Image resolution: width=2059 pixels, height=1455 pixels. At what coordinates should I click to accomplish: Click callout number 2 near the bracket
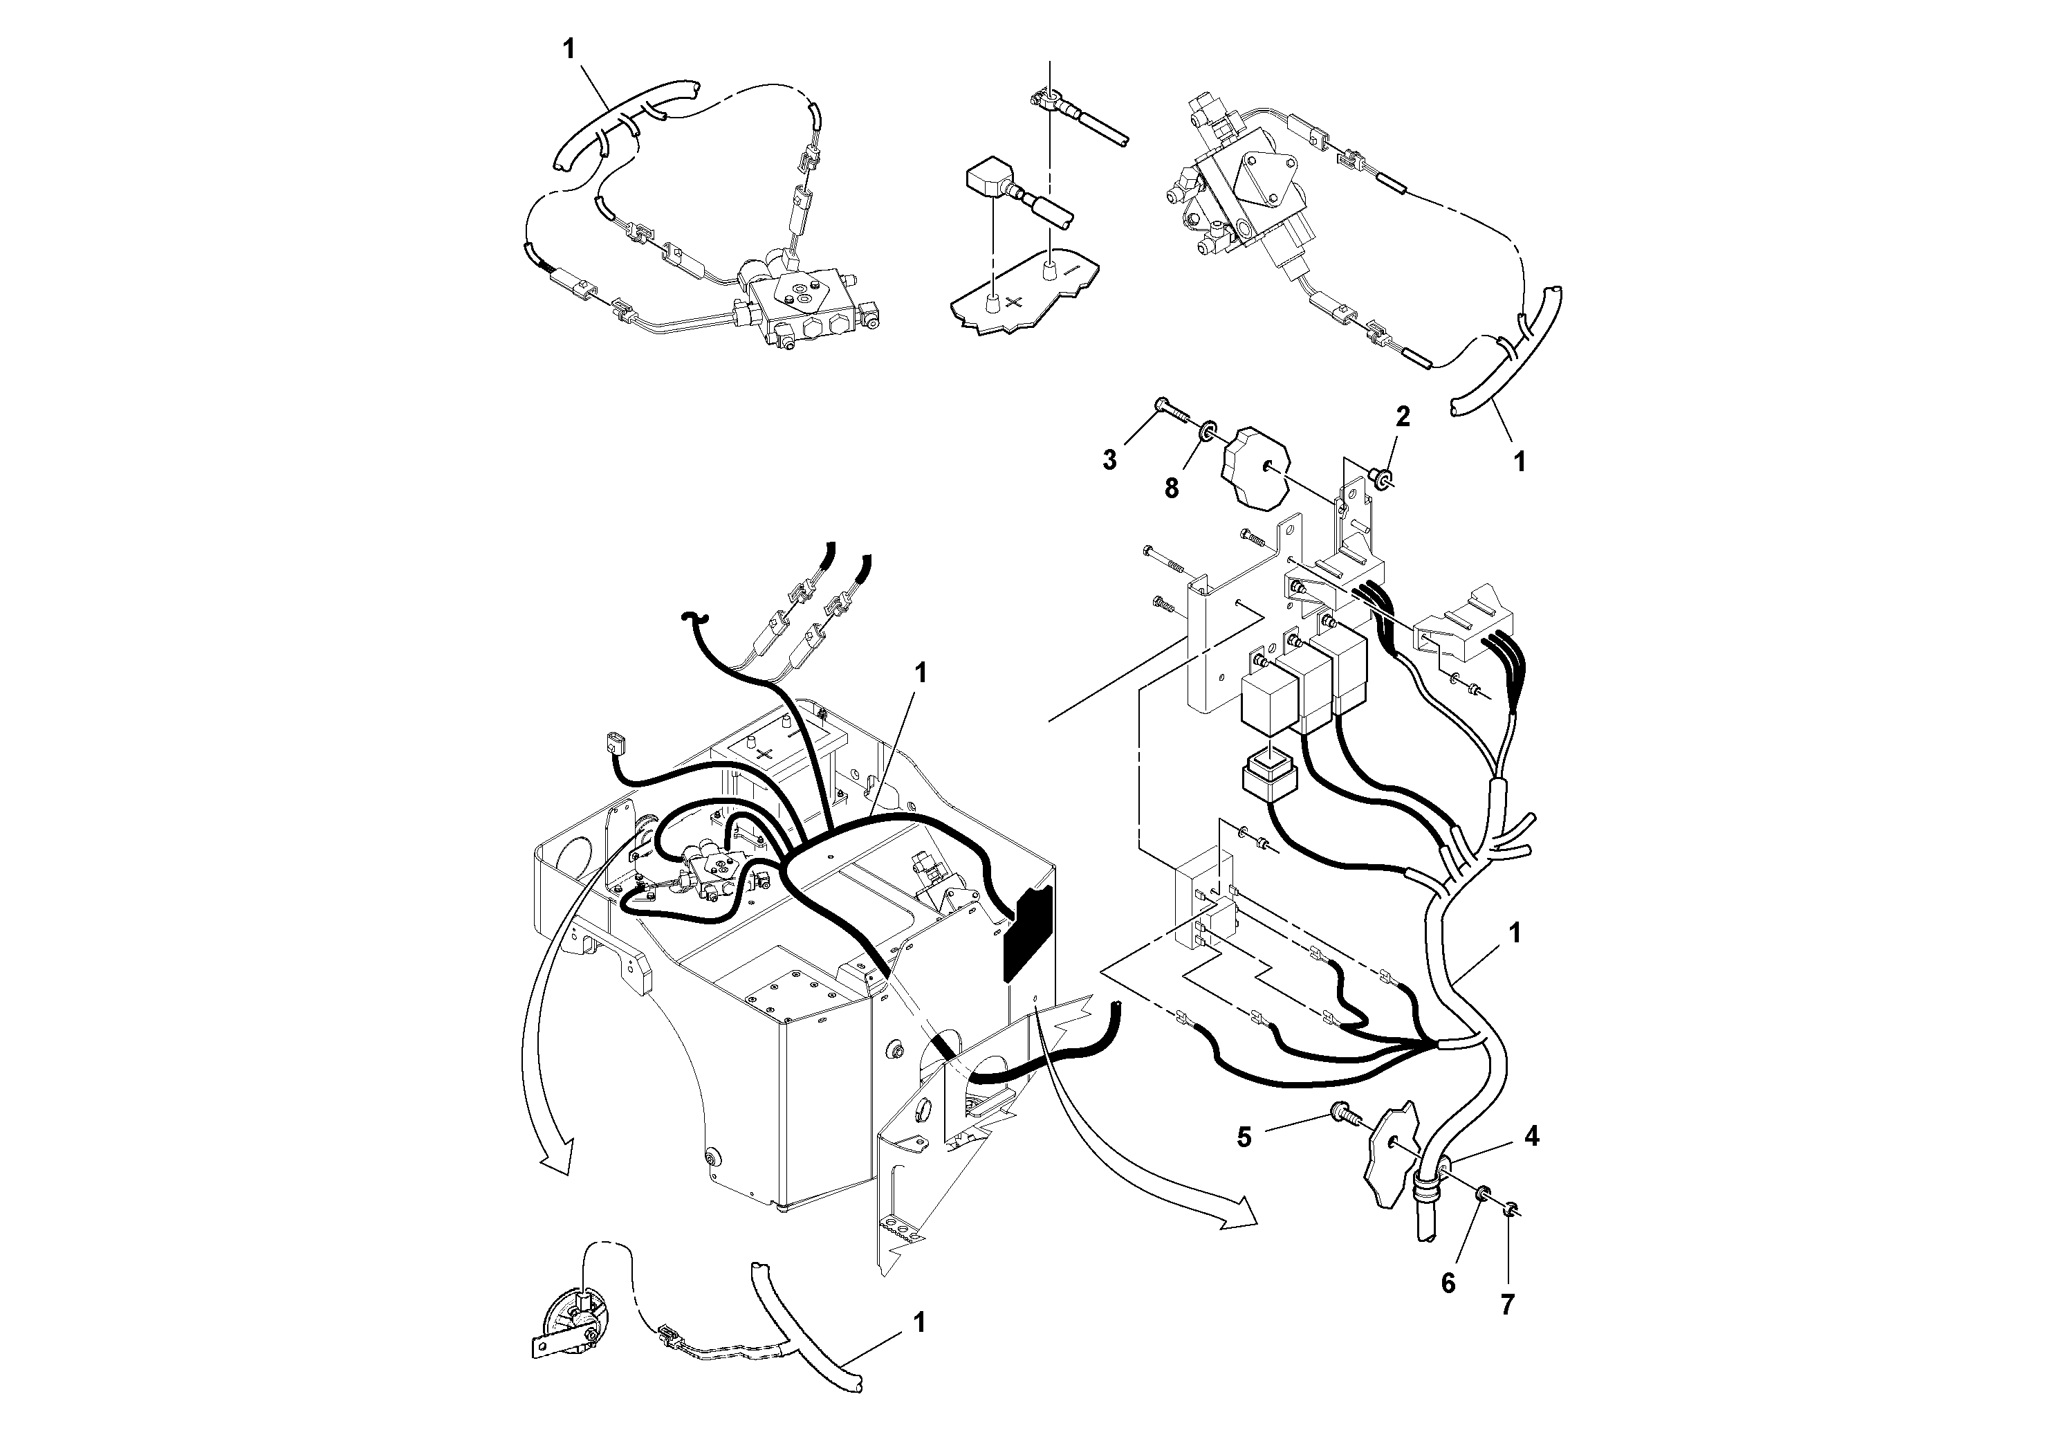tap(1403, 417)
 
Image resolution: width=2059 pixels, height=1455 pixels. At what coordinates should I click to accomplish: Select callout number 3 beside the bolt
tap(1109, 460)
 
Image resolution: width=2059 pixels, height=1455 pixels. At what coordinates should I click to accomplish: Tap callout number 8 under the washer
tap(1171, 489)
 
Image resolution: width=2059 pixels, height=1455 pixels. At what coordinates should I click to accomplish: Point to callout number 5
tap(1244, 1137)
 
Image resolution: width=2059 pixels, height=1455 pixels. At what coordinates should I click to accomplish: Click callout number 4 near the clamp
tap(1532, 1137)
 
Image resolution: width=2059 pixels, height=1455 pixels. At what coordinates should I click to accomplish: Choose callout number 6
tap(1448, 1283)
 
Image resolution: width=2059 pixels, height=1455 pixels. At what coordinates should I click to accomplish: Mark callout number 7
tap(1508, 1304)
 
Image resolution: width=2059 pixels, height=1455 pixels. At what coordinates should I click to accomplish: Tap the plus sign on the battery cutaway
tap(1013, 302)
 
